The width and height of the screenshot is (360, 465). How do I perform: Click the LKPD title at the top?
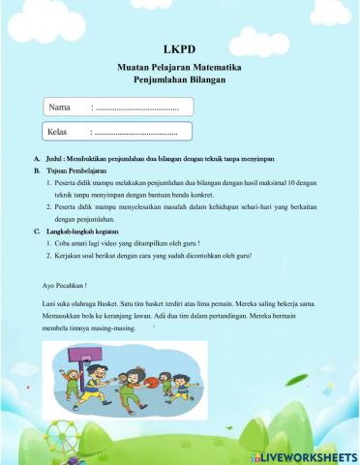[180, 50]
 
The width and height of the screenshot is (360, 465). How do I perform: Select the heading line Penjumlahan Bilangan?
[180, 80]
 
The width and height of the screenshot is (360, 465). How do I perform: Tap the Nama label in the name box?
[62, 107]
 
